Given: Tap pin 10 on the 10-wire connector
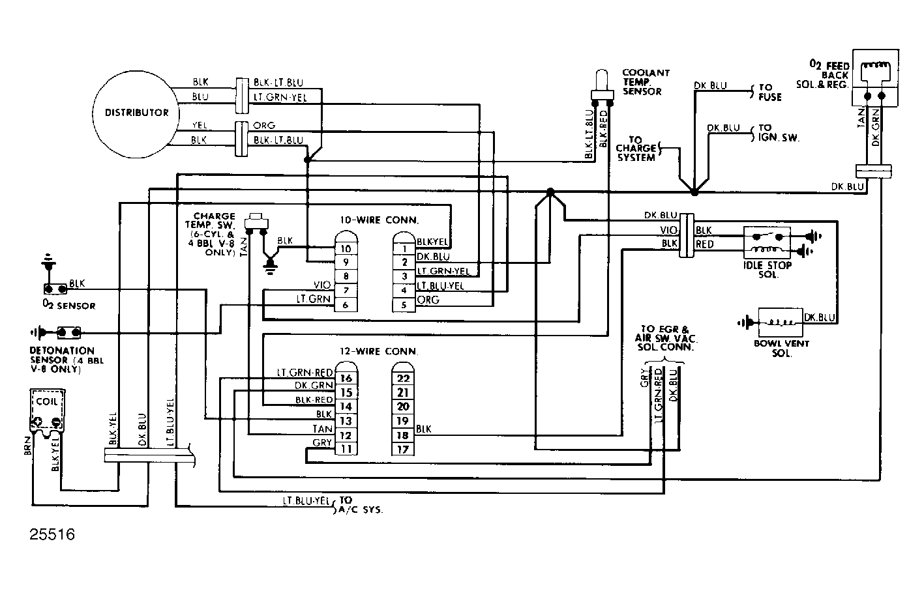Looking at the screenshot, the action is tap(346, 248).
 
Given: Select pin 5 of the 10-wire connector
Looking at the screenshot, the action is tap(404, 305).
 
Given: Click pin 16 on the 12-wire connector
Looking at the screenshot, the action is tap(346, 378).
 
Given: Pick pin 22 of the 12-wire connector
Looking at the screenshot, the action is tap(402, 379).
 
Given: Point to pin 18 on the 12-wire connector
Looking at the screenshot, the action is tap(402, 435).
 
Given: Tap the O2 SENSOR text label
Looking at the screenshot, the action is tap(69, 306).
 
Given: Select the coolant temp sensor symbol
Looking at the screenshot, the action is tap(603, 87).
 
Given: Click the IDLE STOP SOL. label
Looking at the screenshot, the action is tap(768, 270).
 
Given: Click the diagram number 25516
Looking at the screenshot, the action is tap(52, 534).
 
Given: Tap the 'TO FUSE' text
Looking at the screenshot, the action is tap(769, 93).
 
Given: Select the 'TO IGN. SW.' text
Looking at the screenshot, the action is tap(779, 133).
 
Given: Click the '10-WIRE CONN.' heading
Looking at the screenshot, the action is tap(379, 220).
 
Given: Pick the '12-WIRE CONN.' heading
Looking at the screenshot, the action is tap(379, 352).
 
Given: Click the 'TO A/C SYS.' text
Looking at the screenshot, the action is tap(360, 506).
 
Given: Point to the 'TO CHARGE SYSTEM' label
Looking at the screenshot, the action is tap(636, 149).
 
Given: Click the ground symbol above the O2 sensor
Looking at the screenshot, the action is tap(49, 261).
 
